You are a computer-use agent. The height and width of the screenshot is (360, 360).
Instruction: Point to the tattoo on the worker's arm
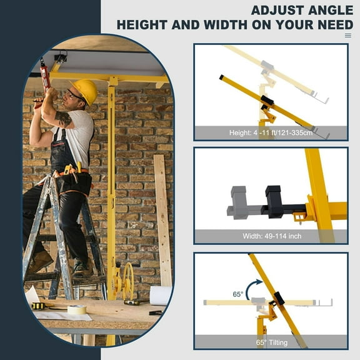point(63,118)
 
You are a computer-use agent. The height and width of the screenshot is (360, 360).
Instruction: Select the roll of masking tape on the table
point(77,309)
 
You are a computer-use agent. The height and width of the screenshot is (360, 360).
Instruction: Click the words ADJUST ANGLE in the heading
point(301,10)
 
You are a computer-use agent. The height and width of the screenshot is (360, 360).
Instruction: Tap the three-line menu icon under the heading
point(348,36)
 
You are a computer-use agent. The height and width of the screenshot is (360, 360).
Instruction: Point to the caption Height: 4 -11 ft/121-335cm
point(270,133)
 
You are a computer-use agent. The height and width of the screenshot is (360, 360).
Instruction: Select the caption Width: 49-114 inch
point(270,237)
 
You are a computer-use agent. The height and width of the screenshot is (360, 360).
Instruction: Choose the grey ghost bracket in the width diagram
point(239,201)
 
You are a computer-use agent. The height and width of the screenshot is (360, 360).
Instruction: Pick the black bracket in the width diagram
point(274,201)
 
